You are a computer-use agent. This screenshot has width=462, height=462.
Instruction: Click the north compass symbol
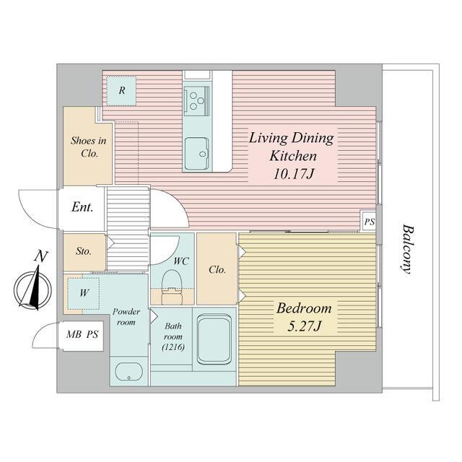[32, 287]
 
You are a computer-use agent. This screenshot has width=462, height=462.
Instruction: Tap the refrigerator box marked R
[121, 91]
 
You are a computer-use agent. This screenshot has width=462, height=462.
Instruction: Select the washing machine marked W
[84, 293]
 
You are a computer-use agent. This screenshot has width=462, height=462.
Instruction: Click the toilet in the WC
[173, 287]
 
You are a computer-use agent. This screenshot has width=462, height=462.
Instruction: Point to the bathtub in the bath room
[214, 339]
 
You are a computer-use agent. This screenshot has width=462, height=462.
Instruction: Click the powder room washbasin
[129, 372]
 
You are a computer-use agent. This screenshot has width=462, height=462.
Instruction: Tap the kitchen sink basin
[197, 153]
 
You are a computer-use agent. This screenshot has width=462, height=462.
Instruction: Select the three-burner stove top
[196, 101]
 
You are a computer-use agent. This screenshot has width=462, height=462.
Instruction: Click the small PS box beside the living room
[369, 221]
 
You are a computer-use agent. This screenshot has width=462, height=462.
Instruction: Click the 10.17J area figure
[294, 174]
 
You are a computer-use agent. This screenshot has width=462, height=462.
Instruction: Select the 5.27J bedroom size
[304, 326]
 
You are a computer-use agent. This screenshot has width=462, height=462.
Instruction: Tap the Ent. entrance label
[82, 207]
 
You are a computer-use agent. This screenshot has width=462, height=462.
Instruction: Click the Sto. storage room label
[84, 251]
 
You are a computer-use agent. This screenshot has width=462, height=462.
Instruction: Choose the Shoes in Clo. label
[89, 147]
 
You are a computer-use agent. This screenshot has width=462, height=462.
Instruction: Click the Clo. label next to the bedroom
[217, 269]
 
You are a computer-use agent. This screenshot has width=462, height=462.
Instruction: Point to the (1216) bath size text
[173, 347]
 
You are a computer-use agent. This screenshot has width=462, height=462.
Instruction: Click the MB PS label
[82, 334]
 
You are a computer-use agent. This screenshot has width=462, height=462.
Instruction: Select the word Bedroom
[304, 308]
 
